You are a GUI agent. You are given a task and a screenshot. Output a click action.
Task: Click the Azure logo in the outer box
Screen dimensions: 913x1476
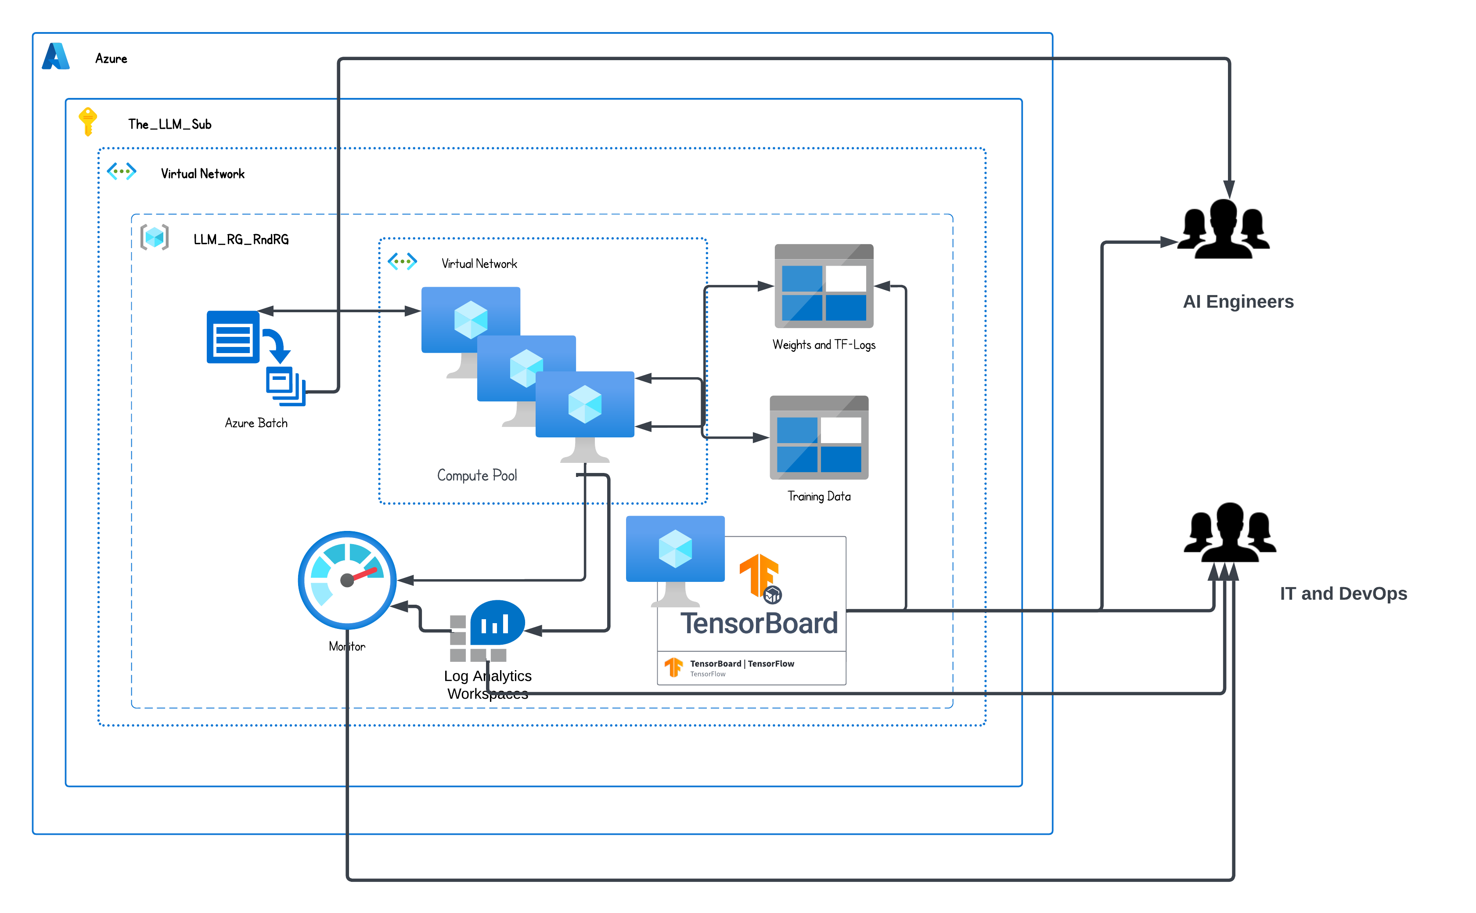(x=56, y=56)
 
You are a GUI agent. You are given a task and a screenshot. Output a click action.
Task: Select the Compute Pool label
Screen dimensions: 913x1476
(x=477, y=475)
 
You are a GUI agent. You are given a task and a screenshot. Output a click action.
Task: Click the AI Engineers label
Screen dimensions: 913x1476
(x=1238, y=301)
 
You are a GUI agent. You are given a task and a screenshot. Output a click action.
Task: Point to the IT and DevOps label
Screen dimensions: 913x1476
(x=1343, y=594)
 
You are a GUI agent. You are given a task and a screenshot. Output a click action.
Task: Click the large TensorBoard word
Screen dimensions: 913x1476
(x=759, y=623)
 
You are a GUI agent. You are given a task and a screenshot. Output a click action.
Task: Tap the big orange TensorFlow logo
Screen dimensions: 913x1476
(x=759, y=575)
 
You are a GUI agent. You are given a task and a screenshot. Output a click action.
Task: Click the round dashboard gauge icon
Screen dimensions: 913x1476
(x=347, y=580)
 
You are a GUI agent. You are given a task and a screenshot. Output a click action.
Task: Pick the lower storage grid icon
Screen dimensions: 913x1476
(x=819, y=438)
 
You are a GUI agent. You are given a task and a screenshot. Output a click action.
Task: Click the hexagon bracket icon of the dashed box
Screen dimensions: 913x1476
(x=155, y=237)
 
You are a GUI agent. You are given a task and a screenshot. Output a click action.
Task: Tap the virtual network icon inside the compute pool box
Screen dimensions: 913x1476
(x=402, y=261)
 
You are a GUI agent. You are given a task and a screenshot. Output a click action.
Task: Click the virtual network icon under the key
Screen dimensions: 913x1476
(x=121, y=171)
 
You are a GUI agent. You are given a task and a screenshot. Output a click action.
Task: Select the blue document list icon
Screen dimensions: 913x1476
(x=233, y=337)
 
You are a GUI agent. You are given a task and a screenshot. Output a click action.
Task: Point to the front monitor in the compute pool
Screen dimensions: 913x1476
(x=584, y=411)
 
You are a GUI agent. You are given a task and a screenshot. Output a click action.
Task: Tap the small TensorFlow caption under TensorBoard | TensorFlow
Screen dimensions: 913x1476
(x=708, y=674)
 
